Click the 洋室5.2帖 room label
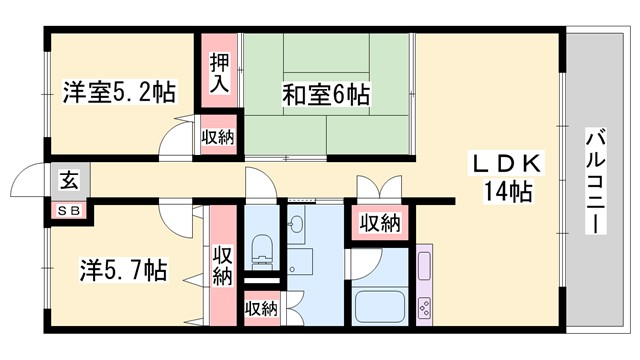click(x=119, y=93)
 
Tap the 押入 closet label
click(x=219, y=73)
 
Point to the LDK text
click(x=506, y=163)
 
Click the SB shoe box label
click(x=68, y=210)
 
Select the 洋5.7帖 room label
click(x=123, y=270)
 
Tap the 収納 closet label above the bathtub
click(x=380, y=222)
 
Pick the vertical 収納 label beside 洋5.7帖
click(x=222, y=265)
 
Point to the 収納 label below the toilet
click(x=261, y=309)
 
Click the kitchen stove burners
click(x=424, y=305)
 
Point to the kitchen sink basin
click(x=424, y=267)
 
